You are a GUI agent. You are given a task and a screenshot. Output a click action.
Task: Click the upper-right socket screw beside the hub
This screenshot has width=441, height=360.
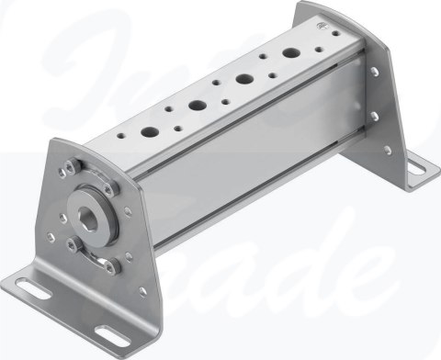coord(113,189)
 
